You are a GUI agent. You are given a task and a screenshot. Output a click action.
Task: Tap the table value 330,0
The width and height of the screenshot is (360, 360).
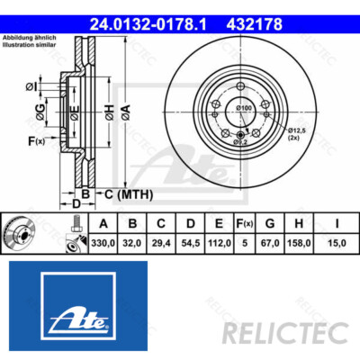point(103,243)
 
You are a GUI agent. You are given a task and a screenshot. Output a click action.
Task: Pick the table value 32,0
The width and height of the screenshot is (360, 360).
point(132,243)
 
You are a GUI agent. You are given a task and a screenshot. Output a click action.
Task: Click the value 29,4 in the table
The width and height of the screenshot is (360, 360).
point(161,243)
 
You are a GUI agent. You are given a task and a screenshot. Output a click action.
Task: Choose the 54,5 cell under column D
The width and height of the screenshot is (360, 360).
point(190,243)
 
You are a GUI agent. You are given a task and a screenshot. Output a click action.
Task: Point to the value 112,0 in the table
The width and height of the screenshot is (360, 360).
point(219,243)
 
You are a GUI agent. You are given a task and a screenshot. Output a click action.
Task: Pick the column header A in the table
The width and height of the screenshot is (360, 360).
point(103,224)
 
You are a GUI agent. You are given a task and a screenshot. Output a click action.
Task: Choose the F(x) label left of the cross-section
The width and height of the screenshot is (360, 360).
point(36,141)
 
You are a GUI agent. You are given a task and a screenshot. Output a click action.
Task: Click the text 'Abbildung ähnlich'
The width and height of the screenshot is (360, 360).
point(29,36)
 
